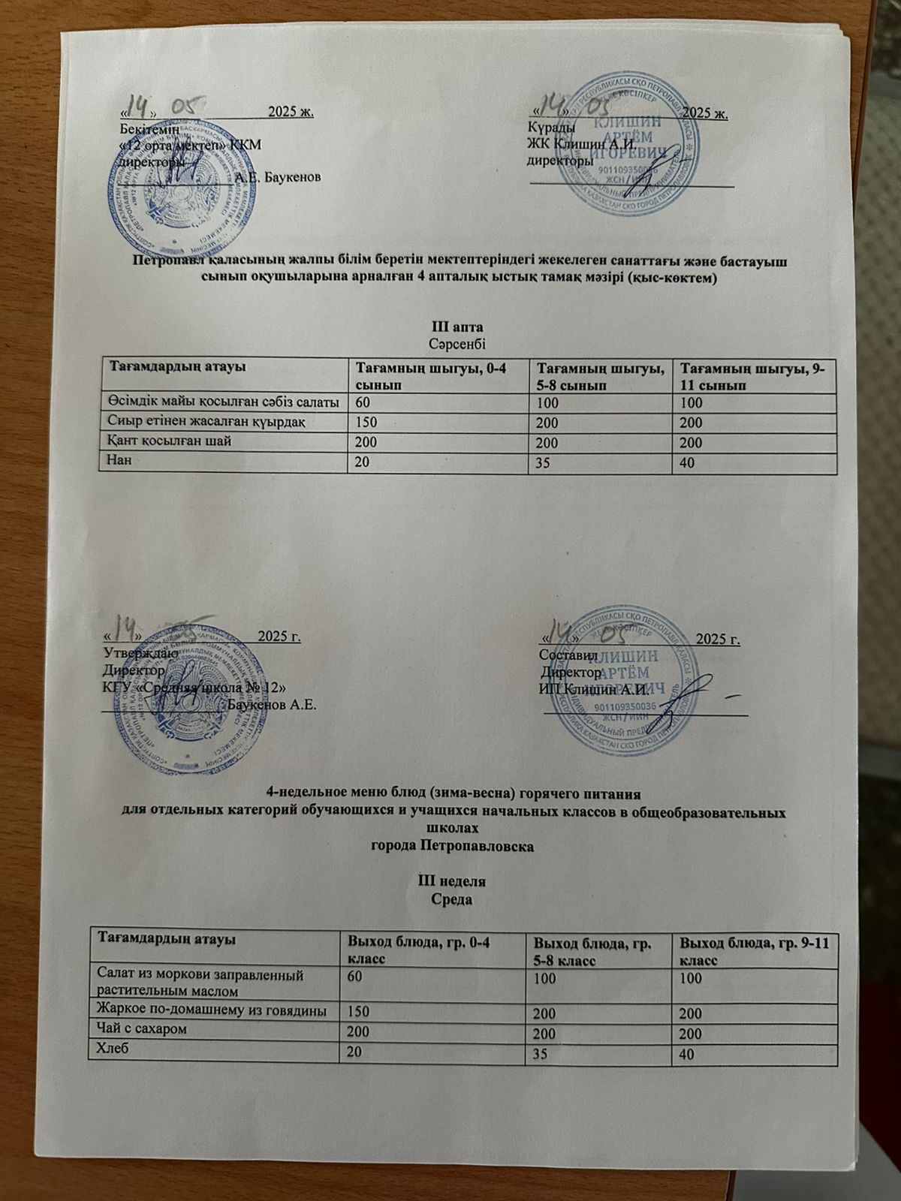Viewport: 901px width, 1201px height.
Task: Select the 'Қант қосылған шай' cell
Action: click(169, 441)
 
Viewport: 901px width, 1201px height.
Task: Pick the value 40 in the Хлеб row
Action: click(688, 1055)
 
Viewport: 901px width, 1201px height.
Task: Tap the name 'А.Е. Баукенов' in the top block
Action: click(279, 178)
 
